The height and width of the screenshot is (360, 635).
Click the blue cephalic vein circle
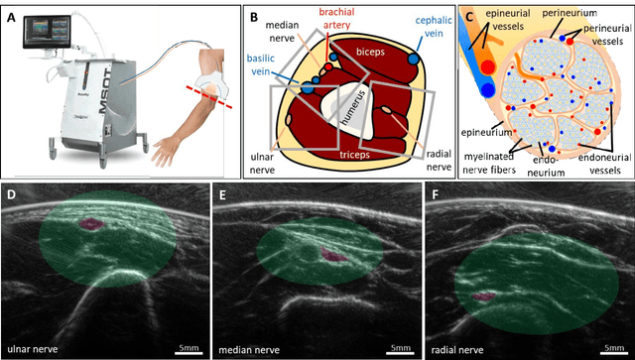coord(412,60)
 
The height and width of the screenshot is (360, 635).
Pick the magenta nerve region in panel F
coord(486,297)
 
